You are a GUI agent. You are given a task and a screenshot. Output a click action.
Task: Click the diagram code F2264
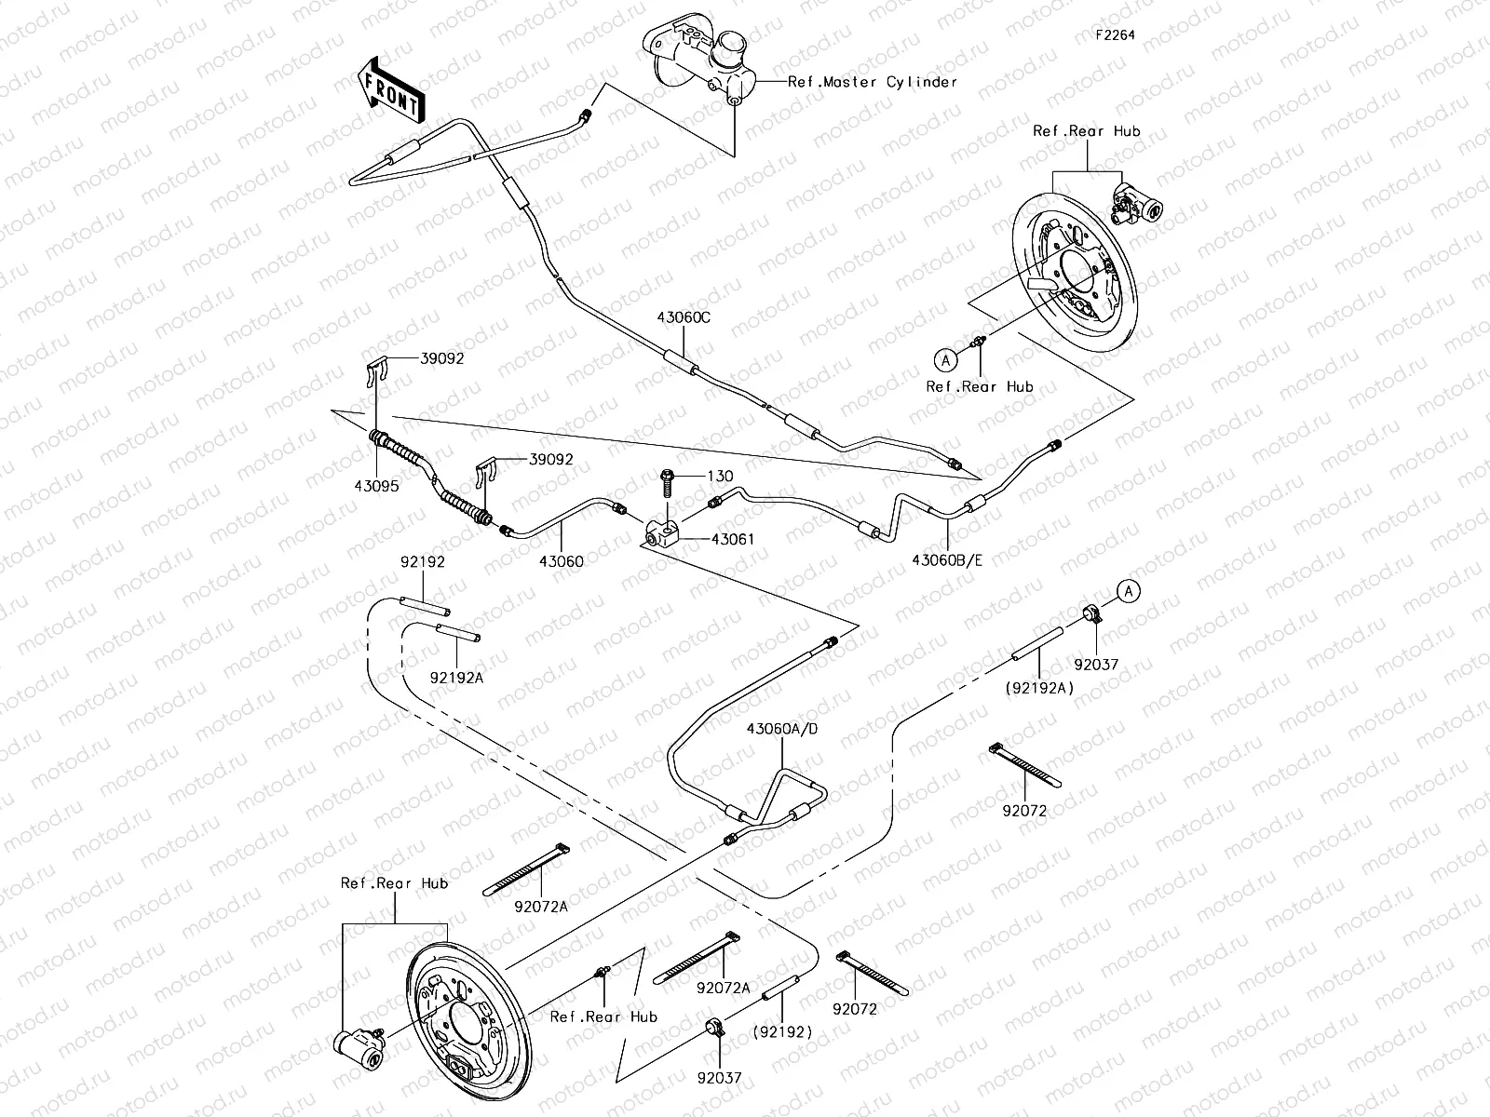coord(1116,34)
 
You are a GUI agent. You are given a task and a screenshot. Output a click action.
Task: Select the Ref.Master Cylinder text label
coord(872,82)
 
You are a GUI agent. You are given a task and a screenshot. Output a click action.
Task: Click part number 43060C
coord(683,317)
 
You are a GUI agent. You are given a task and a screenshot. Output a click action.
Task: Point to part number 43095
coord(376,485)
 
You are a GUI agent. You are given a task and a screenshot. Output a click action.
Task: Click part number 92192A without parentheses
coord(456,678)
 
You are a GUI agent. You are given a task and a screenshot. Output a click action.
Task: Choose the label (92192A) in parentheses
coord(1038,688)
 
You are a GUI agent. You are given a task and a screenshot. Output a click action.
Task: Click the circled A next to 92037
coord(1128,590)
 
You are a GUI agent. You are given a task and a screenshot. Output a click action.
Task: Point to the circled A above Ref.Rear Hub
coord(945,358)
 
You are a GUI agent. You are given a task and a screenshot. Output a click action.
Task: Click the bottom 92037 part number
coord(719,1077)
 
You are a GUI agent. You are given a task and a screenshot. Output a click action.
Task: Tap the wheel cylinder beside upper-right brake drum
coord(1138,203)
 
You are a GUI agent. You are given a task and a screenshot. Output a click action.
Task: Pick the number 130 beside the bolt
coord(720,477)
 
